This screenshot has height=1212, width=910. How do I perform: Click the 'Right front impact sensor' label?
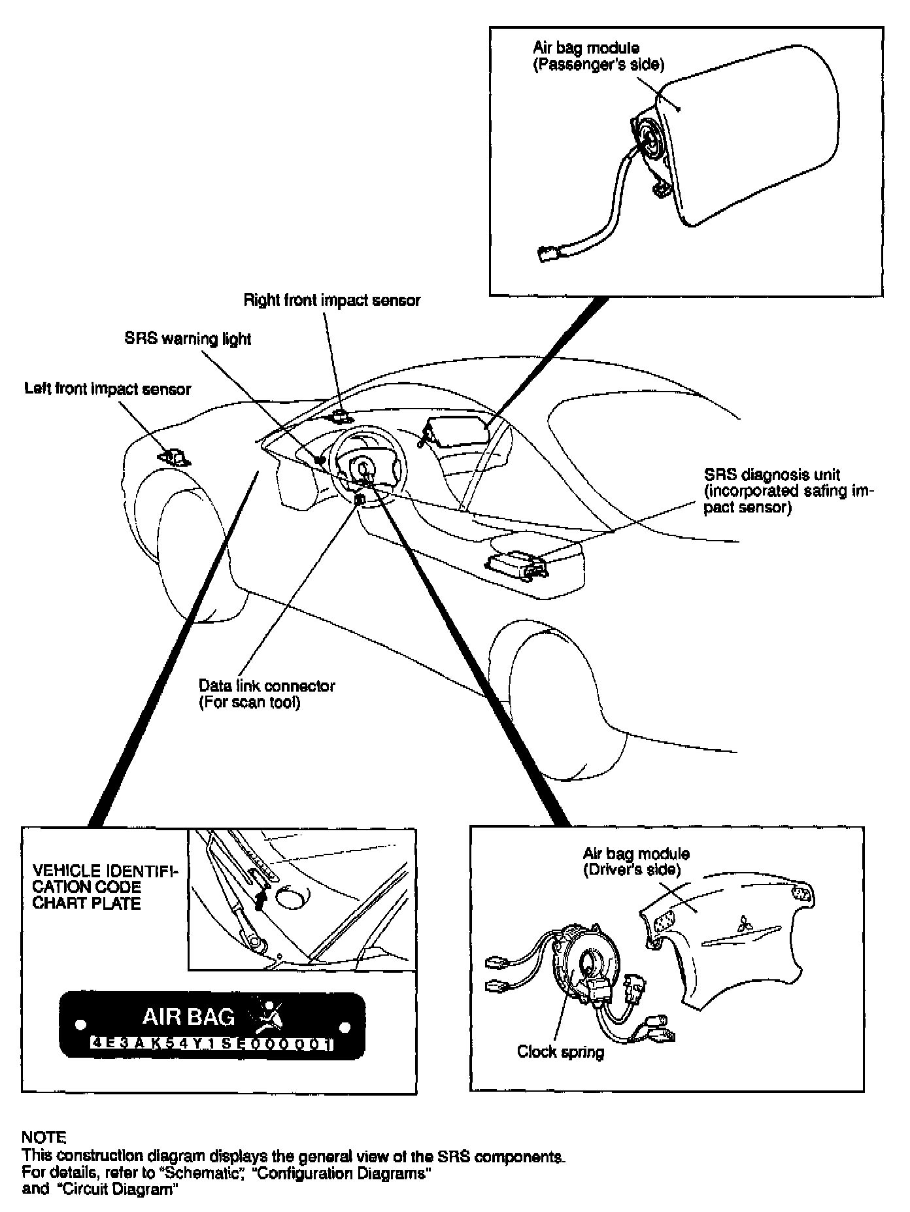point(332,301)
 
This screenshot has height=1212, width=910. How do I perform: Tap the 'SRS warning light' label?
point(188,339)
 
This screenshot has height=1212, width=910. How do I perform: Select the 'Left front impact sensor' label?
point(108,389)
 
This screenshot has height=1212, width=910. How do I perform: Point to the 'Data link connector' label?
point(267,686)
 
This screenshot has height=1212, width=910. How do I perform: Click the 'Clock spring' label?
point(560,1051)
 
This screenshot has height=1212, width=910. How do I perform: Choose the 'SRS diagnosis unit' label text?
point(772,475)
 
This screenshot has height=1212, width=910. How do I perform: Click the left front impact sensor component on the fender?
point(174,456)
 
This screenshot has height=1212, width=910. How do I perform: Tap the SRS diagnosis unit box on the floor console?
point(517,562)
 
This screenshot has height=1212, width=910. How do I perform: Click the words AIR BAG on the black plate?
point(189,1017)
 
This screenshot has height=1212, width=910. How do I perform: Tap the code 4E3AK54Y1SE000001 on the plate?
point(212,1044)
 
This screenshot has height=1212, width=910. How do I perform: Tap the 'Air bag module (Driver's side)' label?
point(636,862)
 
